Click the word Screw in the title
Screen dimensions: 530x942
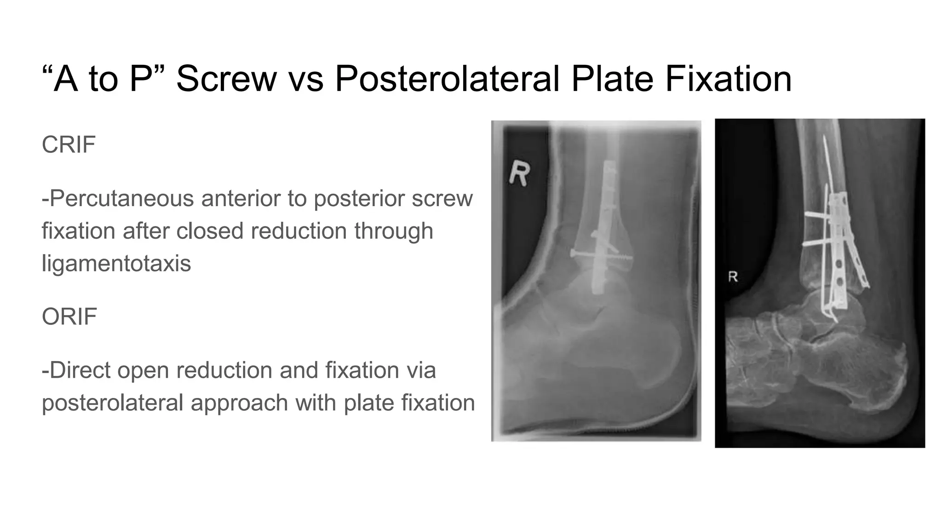click(x=226, y=79)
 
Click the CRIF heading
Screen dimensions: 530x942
click(x=69, y=145)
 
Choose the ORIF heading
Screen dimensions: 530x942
click(x=69, y=317)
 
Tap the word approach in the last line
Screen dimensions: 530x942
click(x=239, y=403)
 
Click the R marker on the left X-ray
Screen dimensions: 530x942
click(x=520, y=173)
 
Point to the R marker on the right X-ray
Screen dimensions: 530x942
click(x=733, y=277)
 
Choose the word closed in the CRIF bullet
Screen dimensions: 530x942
click(x=210, y=231)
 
